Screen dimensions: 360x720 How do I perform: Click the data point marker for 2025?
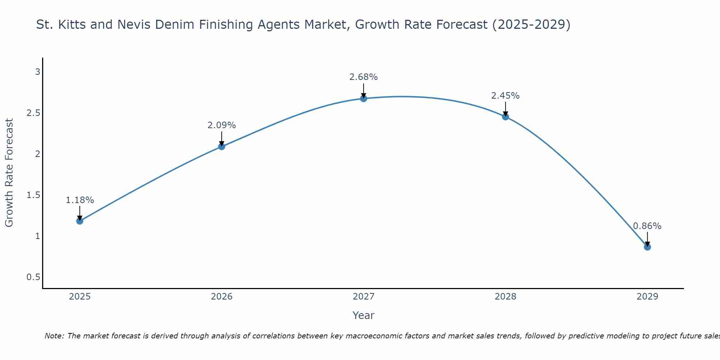tap(80, 221)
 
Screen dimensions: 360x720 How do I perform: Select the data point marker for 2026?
tap(222, 146)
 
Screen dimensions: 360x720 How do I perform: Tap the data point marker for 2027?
tap(364, 98)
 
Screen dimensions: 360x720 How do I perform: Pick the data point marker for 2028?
tap(505, 116)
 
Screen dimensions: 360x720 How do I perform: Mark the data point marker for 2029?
tap(647, 247)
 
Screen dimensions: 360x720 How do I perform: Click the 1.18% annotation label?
tap(80, 200)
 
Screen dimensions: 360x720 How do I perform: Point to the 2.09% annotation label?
tap(222, 125)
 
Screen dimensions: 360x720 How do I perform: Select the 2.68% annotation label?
tap(364, 77)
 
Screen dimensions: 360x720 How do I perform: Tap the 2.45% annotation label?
tap(505, 96)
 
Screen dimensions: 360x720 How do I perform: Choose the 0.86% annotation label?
tap(647, 226)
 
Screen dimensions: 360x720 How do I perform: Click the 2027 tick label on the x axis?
tap(364, 297)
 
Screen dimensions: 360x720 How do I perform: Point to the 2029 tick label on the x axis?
tap(647, 297)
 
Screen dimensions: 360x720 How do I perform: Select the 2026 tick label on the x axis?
tap(222, 297)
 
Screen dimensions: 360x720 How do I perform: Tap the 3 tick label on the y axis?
tap(37, 72)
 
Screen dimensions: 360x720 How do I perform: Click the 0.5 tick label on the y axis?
tap(33, 277)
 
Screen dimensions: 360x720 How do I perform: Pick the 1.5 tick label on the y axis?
tap(33, 195)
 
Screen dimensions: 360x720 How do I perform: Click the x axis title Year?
tap(364, 315)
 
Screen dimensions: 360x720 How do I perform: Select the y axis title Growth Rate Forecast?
tap(9, 173)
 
